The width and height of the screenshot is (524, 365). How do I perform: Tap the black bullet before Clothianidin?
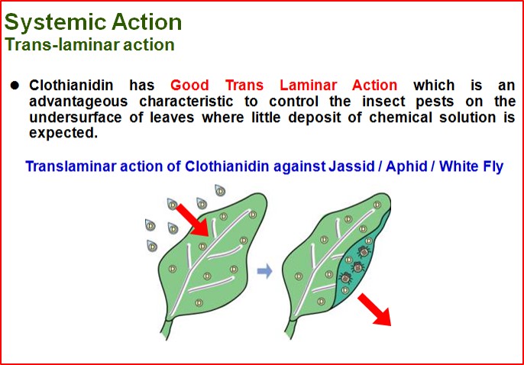(14, 86)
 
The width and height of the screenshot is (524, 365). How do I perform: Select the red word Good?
(192, 86)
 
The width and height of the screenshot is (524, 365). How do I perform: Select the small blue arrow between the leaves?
(264, 271)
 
